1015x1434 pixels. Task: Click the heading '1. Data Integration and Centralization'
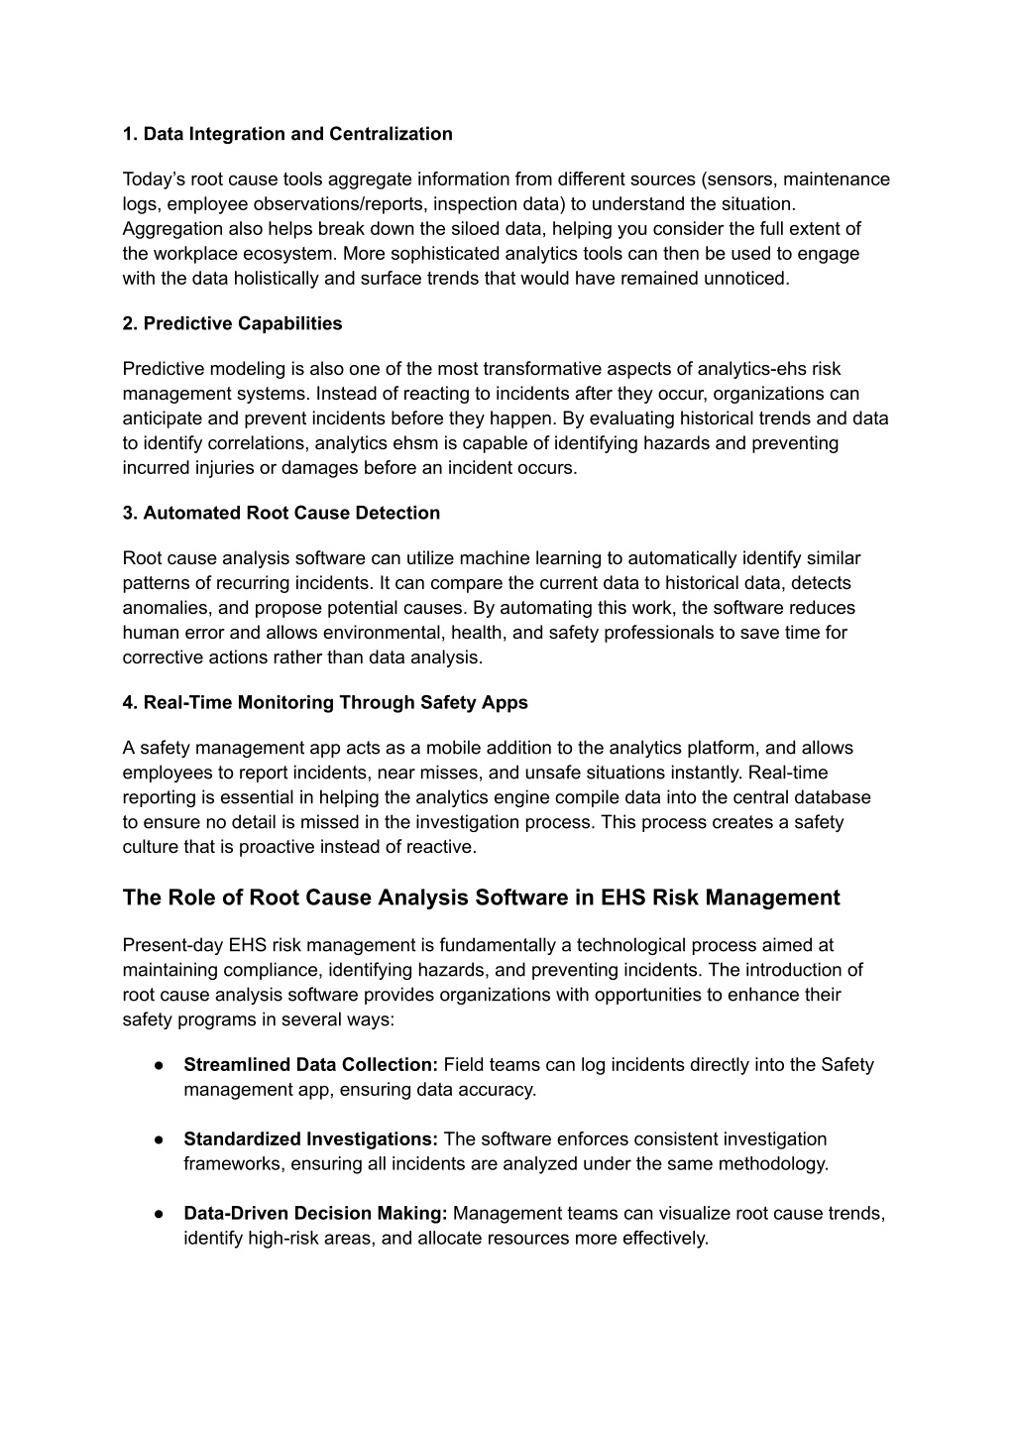(287, 134)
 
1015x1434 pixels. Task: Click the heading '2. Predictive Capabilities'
(232, 323)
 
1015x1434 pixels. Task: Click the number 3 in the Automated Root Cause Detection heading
(128, 513)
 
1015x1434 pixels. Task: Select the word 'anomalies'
(164, 608)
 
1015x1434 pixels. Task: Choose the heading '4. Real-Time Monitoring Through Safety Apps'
(325, 702)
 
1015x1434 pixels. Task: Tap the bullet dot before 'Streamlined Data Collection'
(159, 1065)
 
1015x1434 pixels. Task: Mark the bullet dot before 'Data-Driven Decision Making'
(159, 1214)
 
